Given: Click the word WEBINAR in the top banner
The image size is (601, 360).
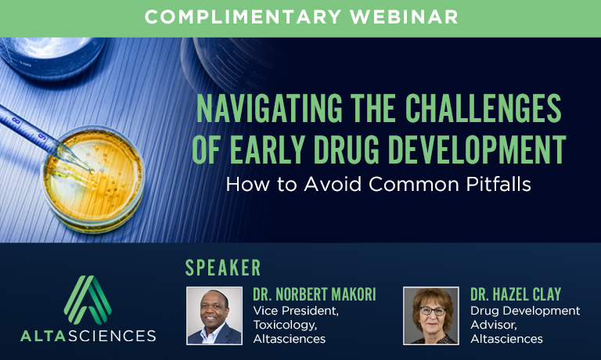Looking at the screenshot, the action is pos(404,17).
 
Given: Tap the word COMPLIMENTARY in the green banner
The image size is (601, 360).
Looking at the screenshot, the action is pos(243,17).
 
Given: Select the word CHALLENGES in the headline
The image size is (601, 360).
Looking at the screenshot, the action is pos(484,108).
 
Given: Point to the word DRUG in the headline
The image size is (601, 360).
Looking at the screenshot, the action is pos(346,149).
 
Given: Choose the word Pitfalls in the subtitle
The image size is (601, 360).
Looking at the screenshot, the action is pos(498,184).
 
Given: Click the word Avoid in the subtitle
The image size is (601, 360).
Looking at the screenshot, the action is pos(333,184).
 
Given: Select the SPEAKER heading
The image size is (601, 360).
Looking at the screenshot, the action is pos(223,268).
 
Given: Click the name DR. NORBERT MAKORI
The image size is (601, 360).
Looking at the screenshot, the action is pos(315,294).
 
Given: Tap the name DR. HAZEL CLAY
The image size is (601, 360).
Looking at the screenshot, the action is pos(516,294).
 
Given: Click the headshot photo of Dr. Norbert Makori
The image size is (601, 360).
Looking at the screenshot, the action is pos(214,316).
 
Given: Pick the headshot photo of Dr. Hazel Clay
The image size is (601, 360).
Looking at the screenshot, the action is pos(431,316).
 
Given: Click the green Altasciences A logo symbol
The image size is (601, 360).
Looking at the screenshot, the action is pos(88,300).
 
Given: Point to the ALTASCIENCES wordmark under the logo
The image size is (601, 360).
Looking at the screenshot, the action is pos(88,336).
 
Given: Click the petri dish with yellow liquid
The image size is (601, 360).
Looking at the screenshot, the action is pos(93,179).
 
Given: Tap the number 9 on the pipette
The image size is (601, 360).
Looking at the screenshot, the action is pos(41,136).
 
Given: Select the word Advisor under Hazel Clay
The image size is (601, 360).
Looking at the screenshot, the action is pos(494,325).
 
